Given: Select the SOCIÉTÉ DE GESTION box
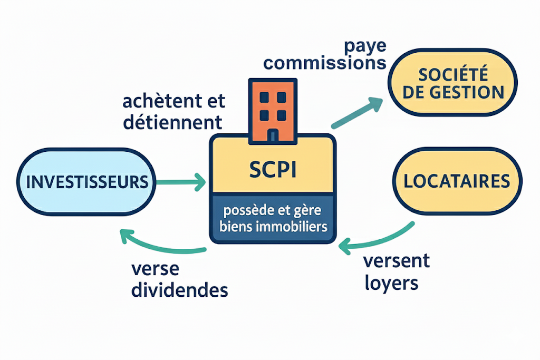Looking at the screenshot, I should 453,83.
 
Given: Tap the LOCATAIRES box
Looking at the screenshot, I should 457,181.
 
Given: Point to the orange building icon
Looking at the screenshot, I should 273,111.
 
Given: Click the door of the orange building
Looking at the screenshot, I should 273,136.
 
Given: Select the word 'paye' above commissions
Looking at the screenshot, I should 364,46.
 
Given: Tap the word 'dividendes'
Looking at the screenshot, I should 179,289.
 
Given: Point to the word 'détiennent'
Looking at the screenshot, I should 172,122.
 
